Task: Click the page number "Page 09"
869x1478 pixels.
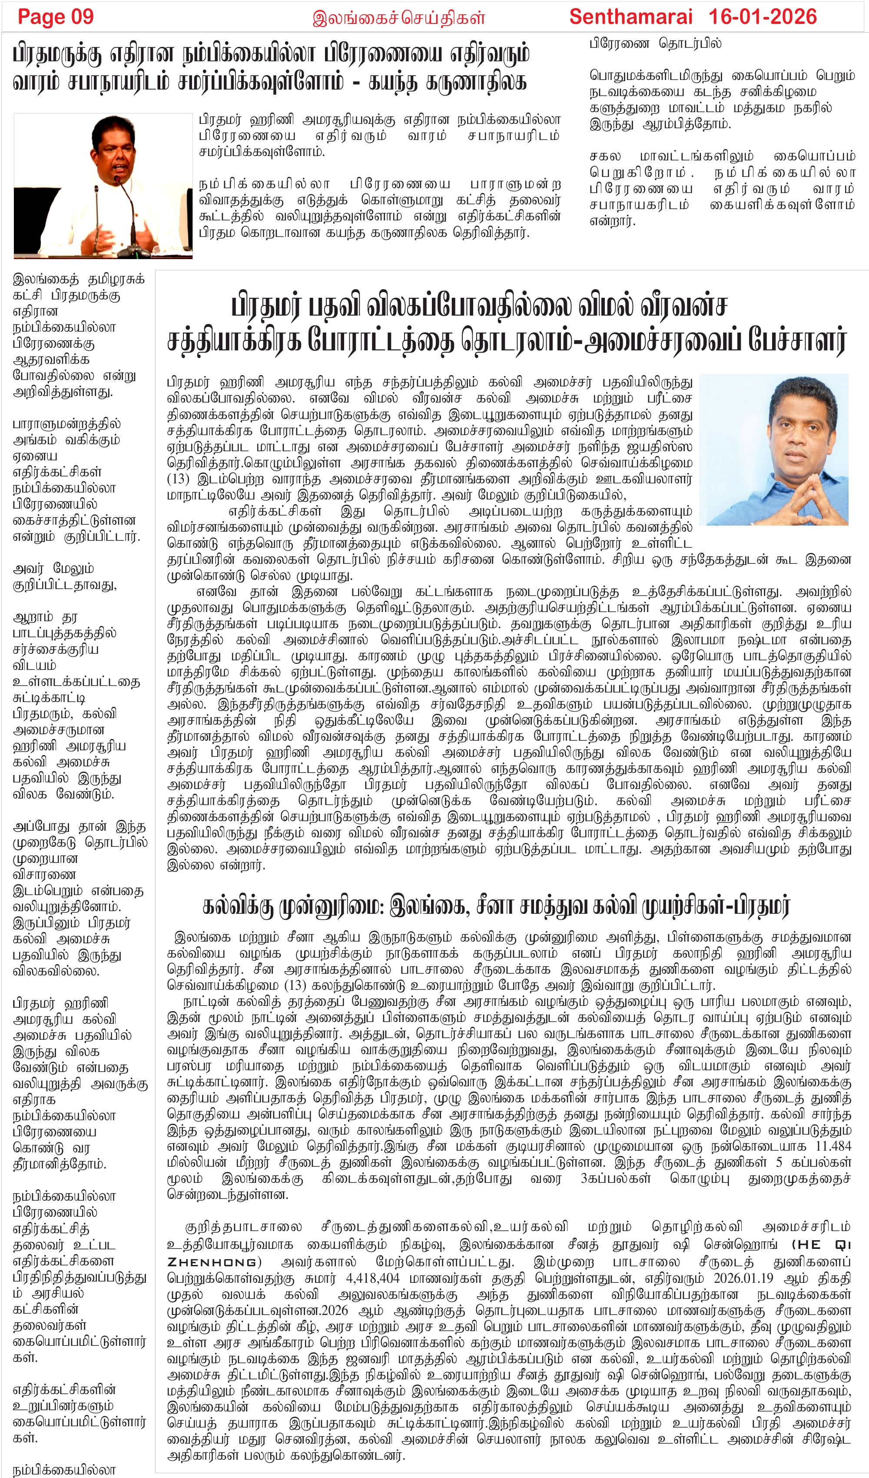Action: pyautogui.click(x=56, y=17)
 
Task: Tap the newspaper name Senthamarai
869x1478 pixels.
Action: pyautogui.click(x=631, y=17)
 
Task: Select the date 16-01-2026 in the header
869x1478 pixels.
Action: pyautogui.click(x=762, y=17)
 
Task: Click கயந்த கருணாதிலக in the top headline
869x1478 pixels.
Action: pyautogui.click(x=448, y=82)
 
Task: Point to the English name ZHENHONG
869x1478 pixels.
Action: pyautogui.click(x=212, y=1262)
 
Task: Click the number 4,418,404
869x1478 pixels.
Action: pyautogui.click(x=372, y=1278)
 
